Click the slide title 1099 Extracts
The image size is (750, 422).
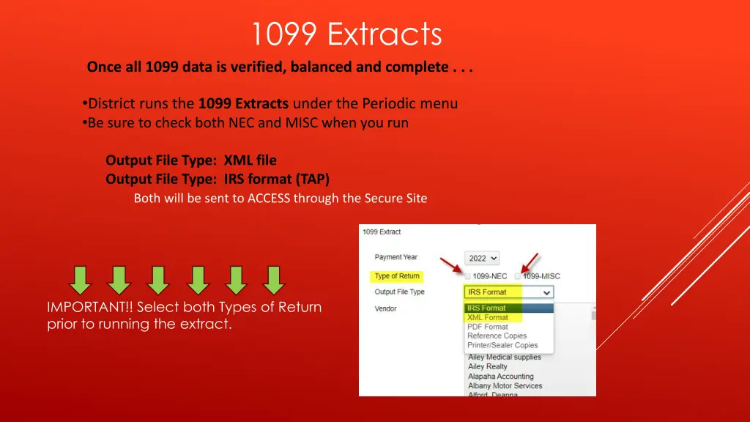(346, 34)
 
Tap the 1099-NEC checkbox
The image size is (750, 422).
(468, 276)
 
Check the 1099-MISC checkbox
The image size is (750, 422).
(518, 276)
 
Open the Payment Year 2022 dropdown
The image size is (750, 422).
(482, 259)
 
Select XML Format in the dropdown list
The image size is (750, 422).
(488, 317)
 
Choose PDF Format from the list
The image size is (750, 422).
(488, 327)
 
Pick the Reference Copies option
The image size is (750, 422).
(497, 336)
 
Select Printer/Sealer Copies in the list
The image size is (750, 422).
(502, 345)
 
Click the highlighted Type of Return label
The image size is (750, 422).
(397, 276)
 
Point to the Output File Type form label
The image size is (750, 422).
(399, 292)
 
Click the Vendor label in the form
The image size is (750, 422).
(385, 308)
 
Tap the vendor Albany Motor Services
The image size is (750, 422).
(505, 386)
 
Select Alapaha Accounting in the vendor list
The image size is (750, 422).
(501, 377)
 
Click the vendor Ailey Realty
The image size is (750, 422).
(488, 367)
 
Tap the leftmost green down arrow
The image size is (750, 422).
(81, 280)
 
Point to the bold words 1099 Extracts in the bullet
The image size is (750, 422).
(243, 103)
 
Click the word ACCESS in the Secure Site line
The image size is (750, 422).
(269, 198)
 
